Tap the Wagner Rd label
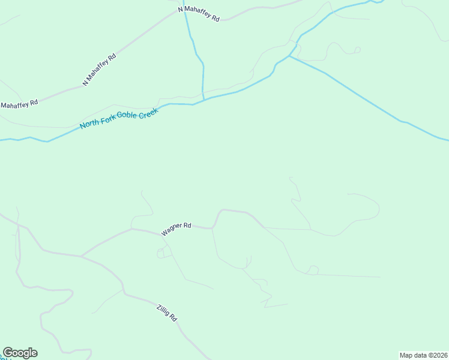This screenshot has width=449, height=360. tap(176, 229)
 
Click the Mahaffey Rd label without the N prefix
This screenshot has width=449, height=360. tap(19, 103)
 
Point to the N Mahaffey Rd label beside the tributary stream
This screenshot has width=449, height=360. tap(199, 14)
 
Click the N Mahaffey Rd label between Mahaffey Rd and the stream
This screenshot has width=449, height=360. tap(99, 70)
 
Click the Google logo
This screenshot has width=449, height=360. tap(20, 353)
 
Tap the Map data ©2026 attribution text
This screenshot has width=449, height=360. tap(423, 355)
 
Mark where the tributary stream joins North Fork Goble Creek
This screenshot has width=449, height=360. tap(204, 100)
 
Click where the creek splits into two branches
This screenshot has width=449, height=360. tap(289, 56)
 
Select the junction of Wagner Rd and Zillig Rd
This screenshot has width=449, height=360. tap(82, 256)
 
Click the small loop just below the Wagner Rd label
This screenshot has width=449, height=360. tap(161, 254)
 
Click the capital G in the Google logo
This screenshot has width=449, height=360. tap(8, 353)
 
